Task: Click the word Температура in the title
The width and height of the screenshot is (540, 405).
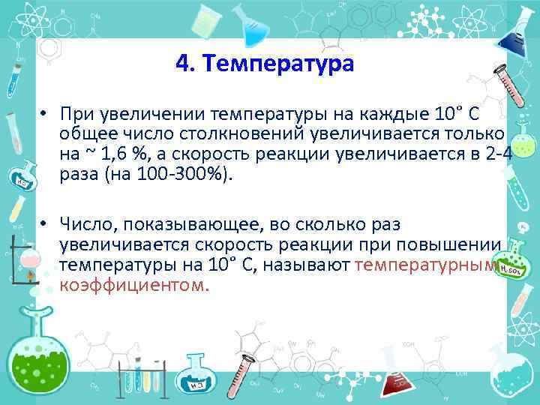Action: [x=283, y=63]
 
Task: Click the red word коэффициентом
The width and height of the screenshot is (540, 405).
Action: [x=134, y=285]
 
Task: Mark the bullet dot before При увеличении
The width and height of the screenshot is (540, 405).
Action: [x=46, y=115]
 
